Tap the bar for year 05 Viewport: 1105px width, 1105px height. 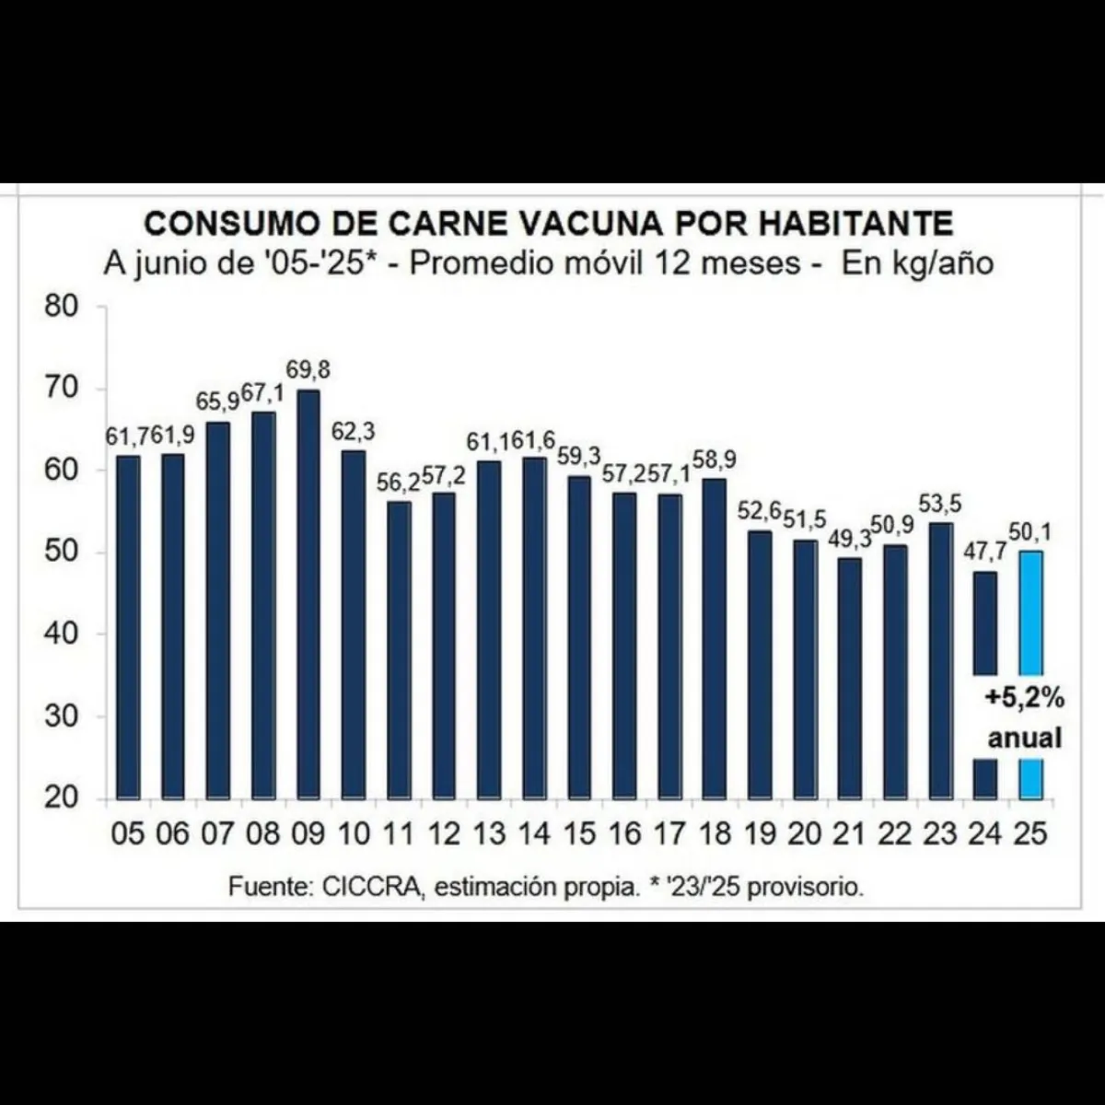(x=128, y=626)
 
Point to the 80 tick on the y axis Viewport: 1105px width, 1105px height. (x=64, y=307)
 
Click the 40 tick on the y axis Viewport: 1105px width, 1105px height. (x=64, y=634)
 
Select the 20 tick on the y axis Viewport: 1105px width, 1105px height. (x=64, y=797)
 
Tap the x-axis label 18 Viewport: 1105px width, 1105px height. (x=714, y=834)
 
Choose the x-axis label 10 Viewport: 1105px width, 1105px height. (x=354, y=834)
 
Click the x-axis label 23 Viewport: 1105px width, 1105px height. (x=939, y=834)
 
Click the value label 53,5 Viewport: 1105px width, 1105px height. (x=940, y=504)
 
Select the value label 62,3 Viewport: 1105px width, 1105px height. (x=355, y=431)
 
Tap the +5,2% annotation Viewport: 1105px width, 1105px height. (x=1024, y=699)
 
